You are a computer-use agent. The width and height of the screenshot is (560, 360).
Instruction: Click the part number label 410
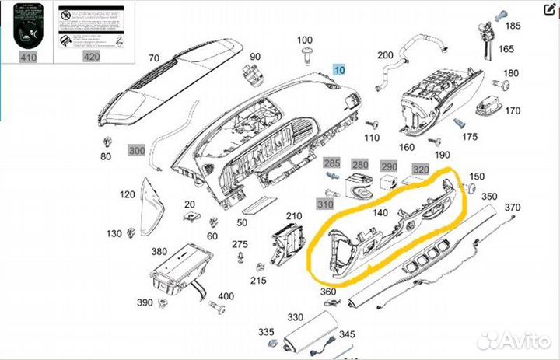(28, 57)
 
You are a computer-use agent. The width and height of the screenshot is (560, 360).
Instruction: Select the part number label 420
(91, 57)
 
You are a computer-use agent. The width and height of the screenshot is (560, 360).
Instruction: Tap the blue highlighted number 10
(338, 69)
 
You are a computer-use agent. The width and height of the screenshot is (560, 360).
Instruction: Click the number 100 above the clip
(305, 40)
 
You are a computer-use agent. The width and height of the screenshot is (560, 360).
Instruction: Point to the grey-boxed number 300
(137, 150)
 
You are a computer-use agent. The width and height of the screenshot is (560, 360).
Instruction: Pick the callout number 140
(381, 213)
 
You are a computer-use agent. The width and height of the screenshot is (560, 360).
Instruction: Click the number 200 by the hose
(385, 55)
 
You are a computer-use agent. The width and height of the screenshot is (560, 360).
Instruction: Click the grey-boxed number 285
(332, 163)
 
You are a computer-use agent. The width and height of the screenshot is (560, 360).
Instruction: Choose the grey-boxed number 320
(421, 169)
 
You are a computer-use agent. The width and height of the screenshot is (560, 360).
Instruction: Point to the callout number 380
(159, 252)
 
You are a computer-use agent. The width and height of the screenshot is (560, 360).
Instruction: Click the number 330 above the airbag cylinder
(295, 317)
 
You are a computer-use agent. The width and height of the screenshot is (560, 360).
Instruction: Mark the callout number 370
(513, 208)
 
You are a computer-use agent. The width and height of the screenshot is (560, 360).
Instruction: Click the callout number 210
(293, 216)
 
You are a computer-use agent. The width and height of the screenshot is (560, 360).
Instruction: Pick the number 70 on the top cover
(153, 58)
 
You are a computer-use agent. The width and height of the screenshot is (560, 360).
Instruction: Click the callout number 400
(226, 297)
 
